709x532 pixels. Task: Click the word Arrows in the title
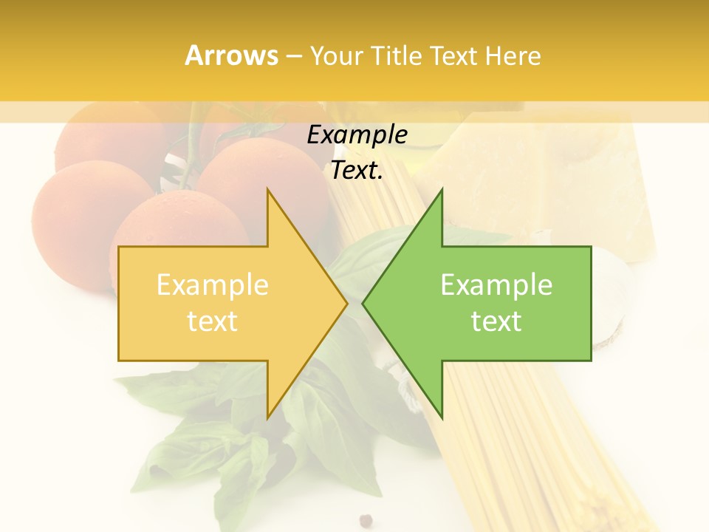coord(232,55)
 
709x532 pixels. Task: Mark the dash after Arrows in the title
coord(294,56)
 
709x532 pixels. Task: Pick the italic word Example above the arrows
coord(357,135)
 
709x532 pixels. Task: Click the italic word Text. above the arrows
coord(357,171)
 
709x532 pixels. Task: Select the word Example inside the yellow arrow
coord(213,285)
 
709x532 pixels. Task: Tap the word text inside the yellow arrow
coord(213,321)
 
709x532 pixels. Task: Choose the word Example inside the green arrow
coord(496,285)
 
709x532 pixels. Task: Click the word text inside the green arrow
coord(496,321)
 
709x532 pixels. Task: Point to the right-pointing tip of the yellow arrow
coord(346,303)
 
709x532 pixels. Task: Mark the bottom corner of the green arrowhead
coord(442,418)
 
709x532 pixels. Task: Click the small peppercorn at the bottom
coord(365,521)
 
